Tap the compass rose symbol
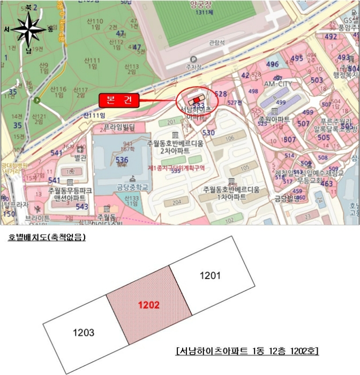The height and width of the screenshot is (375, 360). tap(28, 29)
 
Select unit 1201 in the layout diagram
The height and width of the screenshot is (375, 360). tap(210, 275)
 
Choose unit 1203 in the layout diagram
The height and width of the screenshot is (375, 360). tap(84, 333)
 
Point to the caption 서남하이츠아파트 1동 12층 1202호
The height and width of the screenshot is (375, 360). tap(247, 351)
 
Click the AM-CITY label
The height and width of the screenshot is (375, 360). tap(277, 84)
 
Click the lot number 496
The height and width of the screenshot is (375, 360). tap(272, 65)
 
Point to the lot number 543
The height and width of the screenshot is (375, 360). tap(81, 206)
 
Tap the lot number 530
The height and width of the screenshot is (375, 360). tap(208, 132)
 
